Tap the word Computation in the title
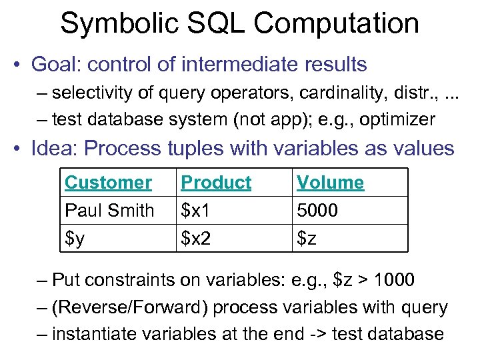[336, 24]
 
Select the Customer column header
[108, 182]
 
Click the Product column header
[216, 182]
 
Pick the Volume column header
[330, 182]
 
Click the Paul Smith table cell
[109, 210]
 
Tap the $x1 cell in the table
[195, 210]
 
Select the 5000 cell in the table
[317, 210]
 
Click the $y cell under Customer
[74, 238]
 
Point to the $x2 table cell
[196, 238]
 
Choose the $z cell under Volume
[307, 238]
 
